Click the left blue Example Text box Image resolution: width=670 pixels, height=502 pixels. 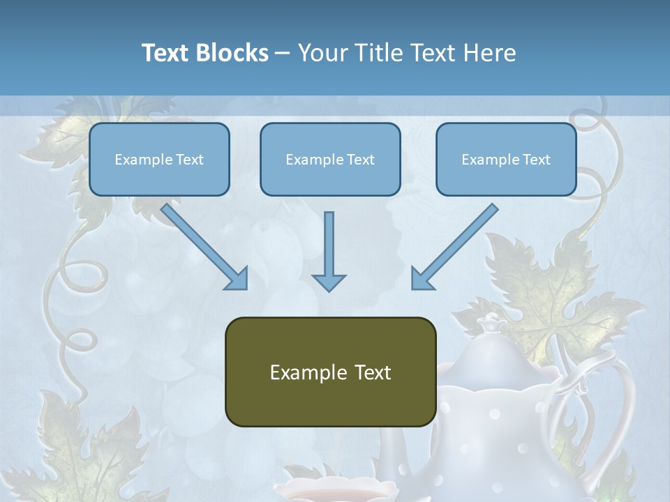tap(159, 160)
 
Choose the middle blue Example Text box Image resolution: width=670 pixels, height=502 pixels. tap(330, 160)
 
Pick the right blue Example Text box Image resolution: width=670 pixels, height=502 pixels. tap(506, 160)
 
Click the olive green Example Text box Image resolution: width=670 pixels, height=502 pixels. tap(330, 372)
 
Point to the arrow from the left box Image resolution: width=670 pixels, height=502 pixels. tap(202, 244)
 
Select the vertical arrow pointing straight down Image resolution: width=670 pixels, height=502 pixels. tap(329, 251)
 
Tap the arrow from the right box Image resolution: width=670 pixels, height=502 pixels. tap(457, 244)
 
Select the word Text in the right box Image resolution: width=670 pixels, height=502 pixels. tap(537, 160)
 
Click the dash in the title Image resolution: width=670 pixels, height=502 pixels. tap(283, 53)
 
